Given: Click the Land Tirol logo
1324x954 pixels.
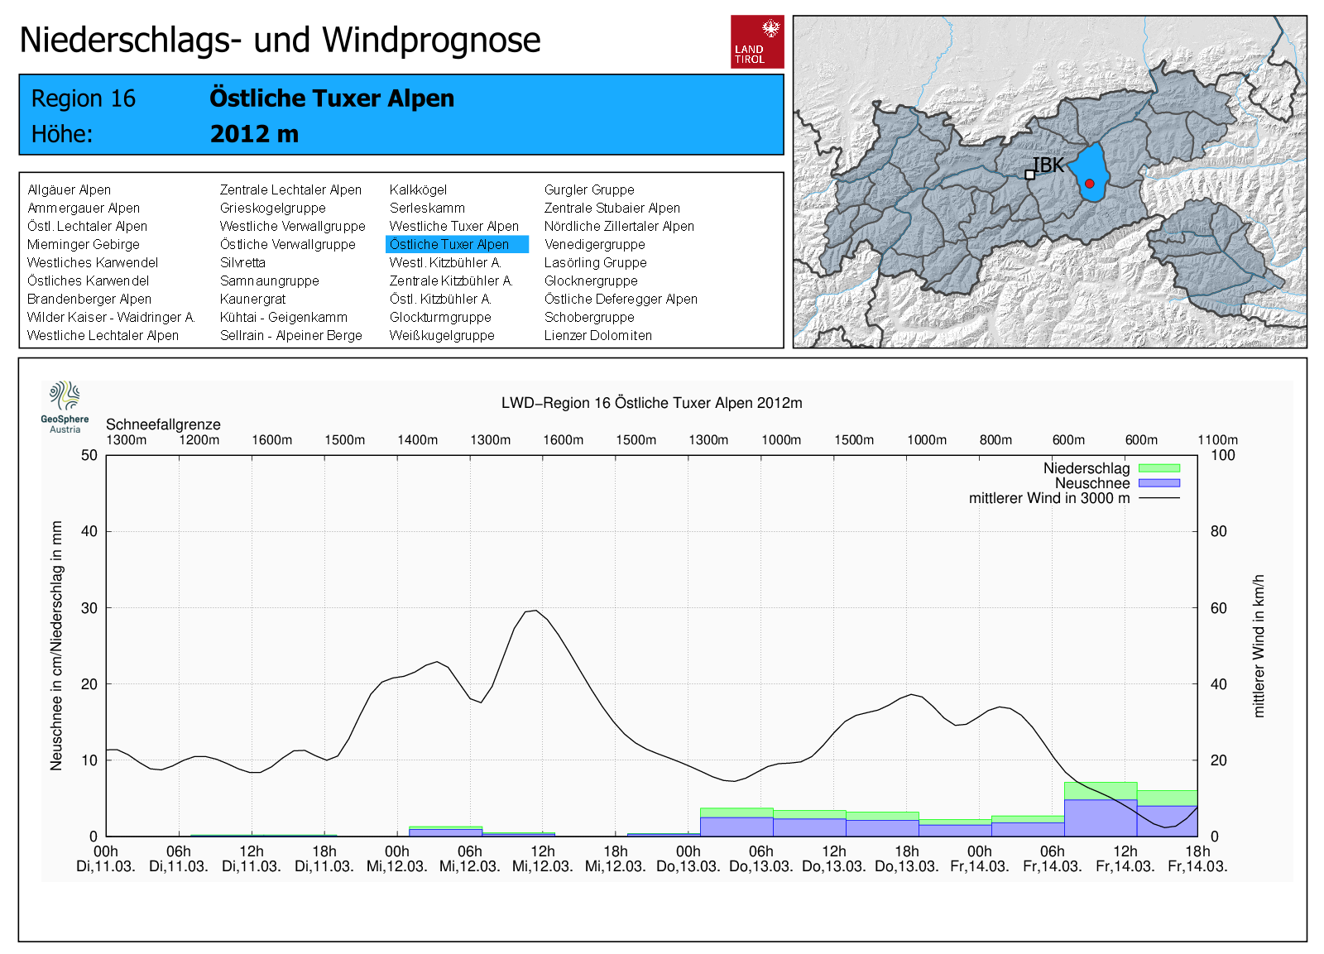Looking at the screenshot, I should click(x=756, y=41).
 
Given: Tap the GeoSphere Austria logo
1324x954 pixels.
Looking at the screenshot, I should click(x=65, y=406).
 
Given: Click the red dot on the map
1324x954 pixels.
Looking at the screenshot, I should click(x=1090, y=184).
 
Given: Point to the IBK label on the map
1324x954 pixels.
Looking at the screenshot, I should click(x=1048, y=165).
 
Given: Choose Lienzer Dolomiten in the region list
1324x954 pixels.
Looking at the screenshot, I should click(x=597, y=335).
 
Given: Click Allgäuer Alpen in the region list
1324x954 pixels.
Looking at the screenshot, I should click(x=69, y=189).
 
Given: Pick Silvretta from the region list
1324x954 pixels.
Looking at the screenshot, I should click(x=242, y=262).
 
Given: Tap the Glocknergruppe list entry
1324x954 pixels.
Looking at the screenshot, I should click(x=591, y=280).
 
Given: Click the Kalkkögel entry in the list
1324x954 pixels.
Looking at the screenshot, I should click(x=418, y=189).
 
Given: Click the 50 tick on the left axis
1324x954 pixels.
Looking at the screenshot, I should click(x=89, y=455).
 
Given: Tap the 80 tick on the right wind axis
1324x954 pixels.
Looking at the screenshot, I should click(x=1218, y=531).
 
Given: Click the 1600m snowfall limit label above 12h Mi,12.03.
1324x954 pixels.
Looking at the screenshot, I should click(x=563, y=440).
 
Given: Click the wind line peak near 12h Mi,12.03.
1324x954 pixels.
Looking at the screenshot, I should click(x=535, y=611).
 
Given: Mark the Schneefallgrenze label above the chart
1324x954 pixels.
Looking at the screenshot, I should click(x=163, y=424).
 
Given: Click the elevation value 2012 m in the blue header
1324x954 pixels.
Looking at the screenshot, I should click(x=254, y=134).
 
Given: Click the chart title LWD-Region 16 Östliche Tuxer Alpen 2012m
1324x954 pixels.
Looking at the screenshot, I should click(x=651, y=403).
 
